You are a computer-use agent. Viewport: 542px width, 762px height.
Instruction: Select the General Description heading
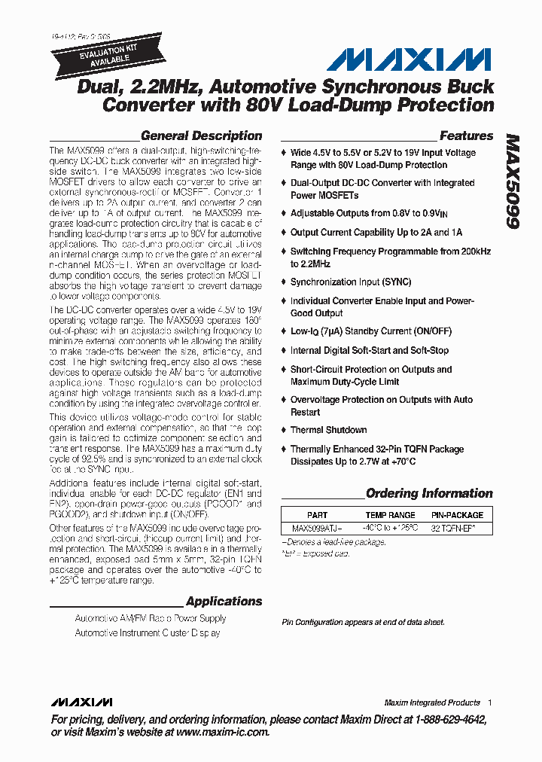(x=201, y=136)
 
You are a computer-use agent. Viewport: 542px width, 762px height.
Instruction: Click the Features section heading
(x=466, y=136)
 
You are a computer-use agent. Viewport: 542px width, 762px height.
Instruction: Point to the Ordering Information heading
(x=429, y=494)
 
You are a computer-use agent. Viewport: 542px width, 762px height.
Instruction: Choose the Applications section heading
(x=224, y=602)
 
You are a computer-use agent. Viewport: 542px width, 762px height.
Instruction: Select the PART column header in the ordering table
(x=318, y=515)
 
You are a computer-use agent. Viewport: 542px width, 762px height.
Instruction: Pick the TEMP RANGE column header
(x=390, y=515)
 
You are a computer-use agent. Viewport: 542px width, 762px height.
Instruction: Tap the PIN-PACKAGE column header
(x=457, y=515)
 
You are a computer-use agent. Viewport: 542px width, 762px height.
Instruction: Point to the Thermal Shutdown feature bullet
(x=329, y=430)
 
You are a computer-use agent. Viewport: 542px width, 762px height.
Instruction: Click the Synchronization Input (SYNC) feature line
(x=351, y=282)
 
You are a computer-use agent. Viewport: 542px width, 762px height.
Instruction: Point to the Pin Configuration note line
(x=363, y=622)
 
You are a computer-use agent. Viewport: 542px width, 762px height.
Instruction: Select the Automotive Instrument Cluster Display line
(x=148, y=633)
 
